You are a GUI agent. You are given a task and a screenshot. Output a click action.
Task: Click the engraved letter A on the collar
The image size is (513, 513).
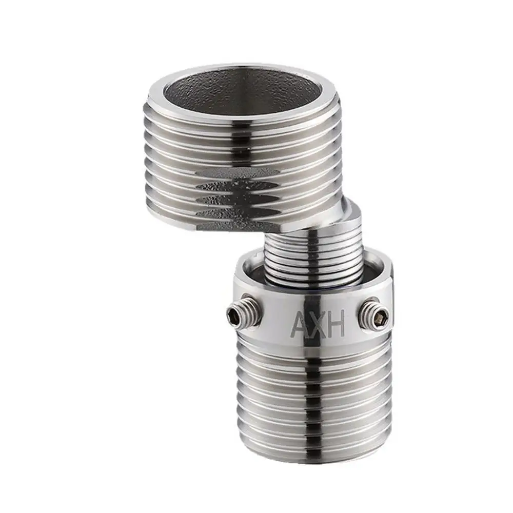(x=299, y=324)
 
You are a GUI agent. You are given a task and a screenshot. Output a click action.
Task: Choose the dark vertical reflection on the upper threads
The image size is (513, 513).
(x=241, y=144)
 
